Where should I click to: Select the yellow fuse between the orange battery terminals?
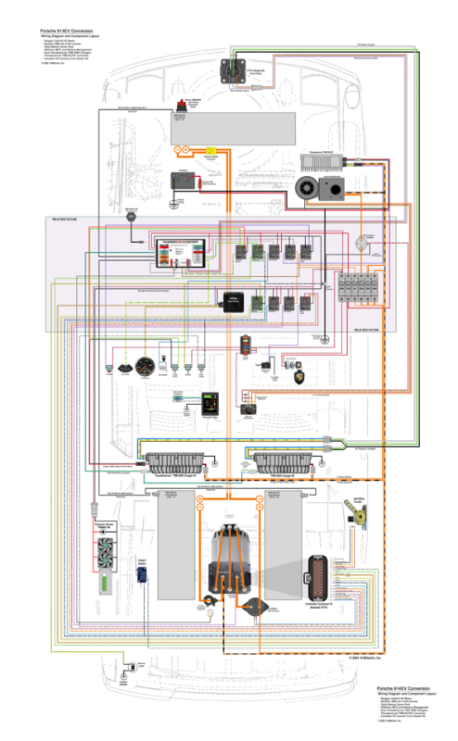(x=212, y=149)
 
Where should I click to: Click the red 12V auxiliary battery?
(x=184, y=182)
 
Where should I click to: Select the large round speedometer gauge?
(x=143, y=364)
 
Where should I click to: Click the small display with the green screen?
(x=210, y=405)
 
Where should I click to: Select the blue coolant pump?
(x=142, y=574)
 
